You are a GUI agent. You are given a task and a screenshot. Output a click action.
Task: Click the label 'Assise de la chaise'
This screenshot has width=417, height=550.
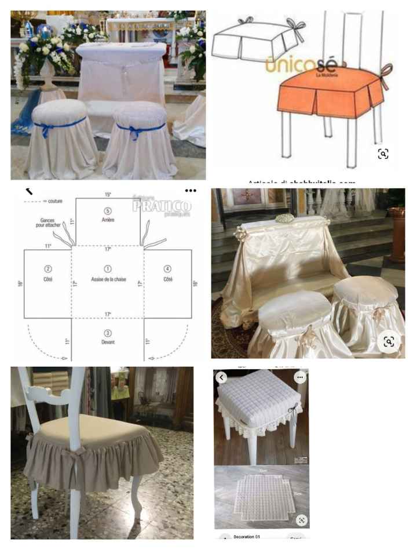coord(107,279)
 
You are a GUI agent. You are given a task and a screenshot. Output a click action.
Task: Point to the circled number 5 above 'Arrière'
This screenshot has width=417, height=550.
coord(107,210)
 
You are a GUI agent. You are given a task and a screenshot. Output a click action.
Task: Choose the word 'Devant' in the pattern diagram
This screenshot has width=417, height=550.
coord(107,342)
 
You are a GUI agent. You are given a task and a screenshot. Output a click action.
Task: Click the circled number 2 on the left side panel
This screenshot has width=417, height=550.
coord(48,269)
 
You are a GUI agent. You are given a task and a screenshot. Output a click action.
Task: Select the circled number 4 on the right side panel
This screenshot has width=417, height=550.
coord(167,269)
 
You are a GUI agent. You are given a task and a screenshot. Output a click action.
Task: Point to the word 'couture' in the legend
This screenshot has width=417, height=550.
coord(55,201)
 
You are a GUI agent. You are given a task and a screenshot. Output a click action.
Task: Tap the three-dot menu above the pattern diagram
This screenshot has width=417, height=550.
coord(191,191)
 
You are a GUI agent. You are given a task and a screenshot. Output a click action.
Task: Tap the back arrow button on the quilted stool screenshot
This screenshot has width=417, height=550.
coord(221,377)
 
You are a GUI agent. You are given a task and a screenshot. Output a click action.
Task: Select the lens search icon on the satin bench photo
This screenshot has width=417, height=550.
coord(389,341)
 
